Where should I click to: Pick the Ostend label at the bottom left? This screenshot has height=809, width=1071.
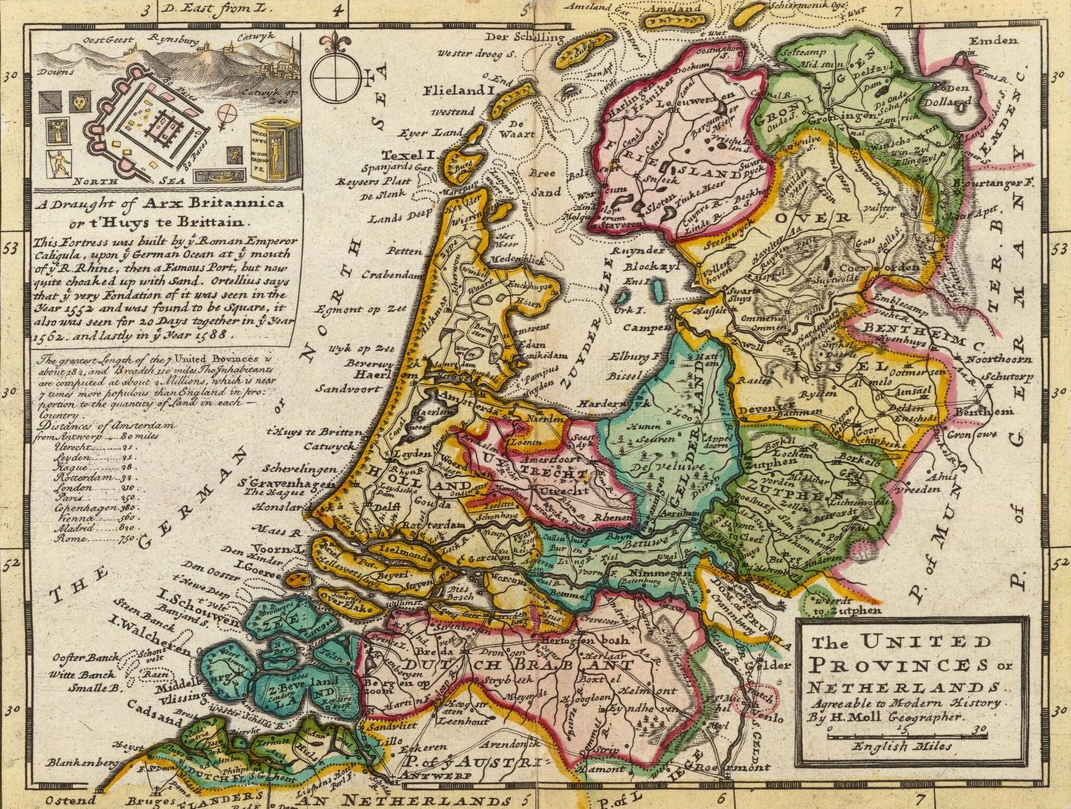point(69,800)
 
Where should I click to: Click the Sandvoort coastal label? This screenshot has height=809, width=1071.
point(348,388)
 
